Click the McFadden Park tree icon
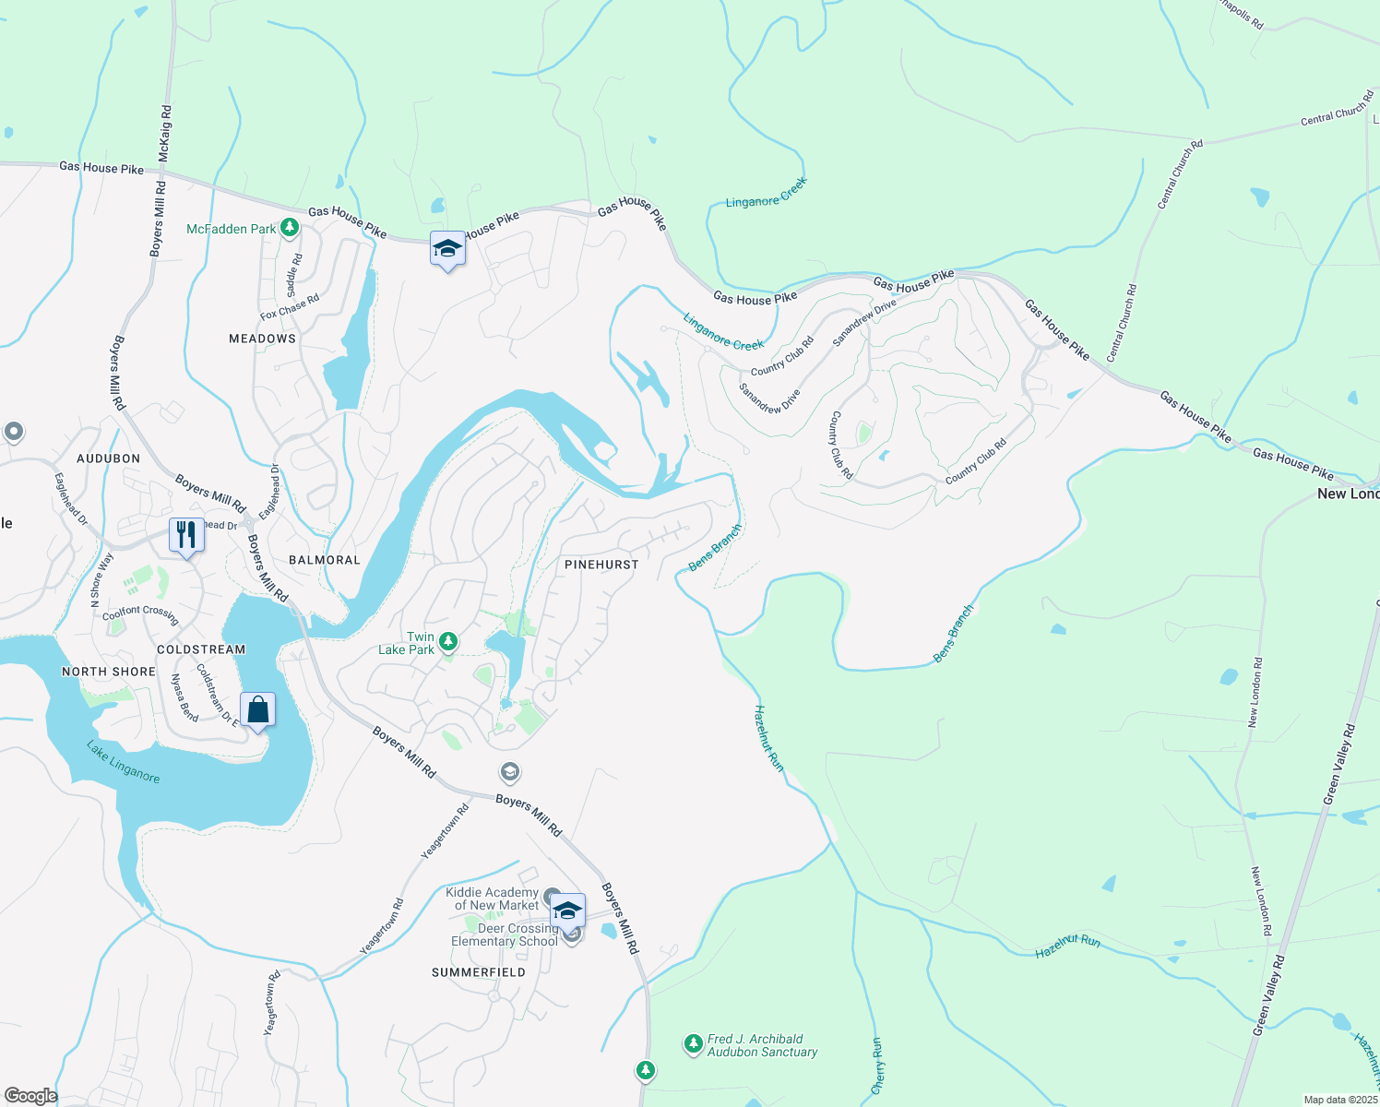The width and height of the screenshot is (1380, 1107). [x=290, y=227]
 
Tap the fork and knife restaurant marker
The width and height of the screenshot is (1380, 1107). [x=186, y=535]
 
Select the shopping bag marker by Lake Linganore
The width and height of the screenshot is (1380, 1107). [x=257, y=710]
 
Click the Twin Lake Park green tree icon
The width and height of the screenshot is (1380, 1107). [x=447, y=641]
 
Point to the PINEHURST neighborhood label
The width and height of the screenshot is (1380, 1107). [x=601, y=564]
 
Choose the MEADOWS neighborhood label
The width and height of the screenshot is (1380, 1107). [x=263, y=339]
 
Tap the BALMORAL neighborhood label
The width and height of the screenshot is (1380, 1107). [x=325, y=560]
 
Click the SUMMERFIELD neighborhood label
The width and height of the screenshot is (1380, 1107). [x=479, y=972]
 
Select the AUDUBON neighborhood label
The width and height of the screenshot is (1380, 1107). [x=109, y=458]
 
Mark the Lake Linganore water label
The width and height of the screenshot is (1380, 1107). [x=124, y=762]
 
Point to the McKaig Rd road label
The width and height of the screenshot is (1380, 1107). [x=165, y=134]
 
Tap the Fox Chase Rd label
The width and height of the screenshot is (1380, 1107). [x=290, y=306]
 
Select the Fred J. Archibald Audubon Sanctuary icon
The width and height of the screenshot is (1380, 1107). [x=693, y=1044]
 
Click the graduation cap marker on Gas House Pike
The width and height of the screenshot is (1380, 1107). [x=447, y=249]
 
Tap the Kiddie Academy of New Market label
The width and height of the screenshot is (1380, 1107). [x=493, y=899]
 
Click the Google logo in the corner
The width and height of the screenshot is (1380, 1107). [x=30, y=1096]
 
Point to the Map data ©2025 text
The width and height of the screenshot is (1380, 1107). [x=1340, y=1100]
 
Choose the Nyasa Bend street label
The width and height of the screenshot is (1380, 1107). [x=184, y=697]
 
